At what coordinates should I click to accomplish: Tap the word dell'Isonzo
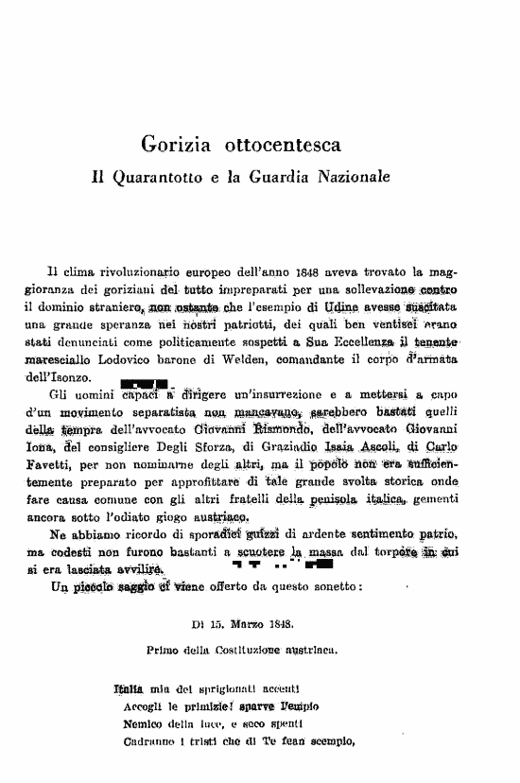[x=55, y=374]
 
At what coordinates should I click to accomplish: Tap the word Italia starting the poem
[x=129, y=688]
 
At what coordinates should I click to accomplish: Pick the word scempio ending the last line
[x=327, y=741]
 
